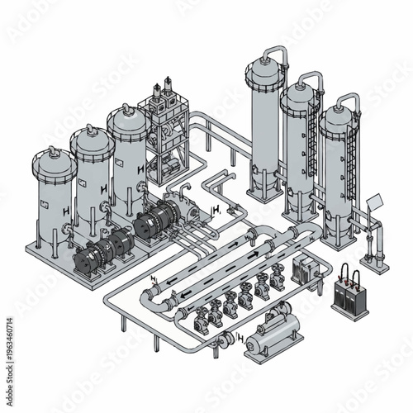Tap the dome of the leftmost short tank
click(x=53, y=155)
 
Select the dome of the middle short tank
click(x=91, y=135)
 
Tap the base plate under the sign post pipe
click(x=377, y=266)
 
